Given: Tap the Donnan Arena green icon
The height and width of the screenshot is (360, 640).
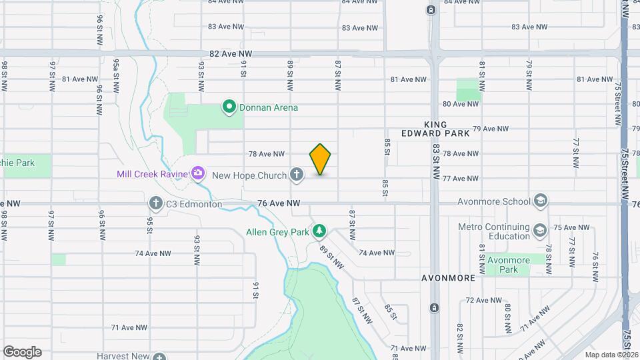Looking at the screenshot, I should pos(229,107).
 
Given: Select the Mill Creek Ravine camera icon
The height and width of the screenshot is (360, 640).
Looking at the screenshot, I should pos(197,174).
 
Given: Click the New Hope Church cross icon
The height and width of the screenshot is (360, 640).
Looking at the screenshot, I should pos(297,175).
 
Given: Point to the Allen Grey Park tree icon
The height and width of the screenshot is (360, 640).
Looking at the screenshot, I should pos(320,231).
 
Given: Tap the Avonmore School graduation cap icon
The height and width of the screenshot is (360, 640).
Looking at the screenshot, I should pos(541,201).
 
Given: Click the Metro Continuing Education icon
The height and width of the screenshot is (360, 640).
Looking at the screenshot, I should pos(539,231).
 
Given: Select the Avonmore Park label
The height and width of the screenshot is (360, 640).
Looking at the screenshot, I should pos(509,265).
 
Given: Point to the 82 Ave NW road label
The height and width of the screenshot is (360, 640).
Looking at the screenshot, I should pos(231,53).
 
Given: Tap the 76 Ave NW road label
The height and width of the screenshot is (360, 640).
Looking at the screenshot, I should pos(279,203).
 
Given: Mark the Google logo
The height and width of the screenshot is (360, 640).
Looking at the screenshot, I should pos(22,351).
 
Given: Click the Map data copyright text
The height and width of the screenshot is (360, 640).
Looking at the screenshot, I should pos(610,354).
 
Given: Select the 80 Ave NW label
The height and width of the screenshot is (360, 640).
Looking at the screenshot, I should pos(461,104).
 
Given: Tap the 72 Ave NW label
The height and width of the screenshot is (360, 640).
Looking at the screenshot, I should pos(483,300).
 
